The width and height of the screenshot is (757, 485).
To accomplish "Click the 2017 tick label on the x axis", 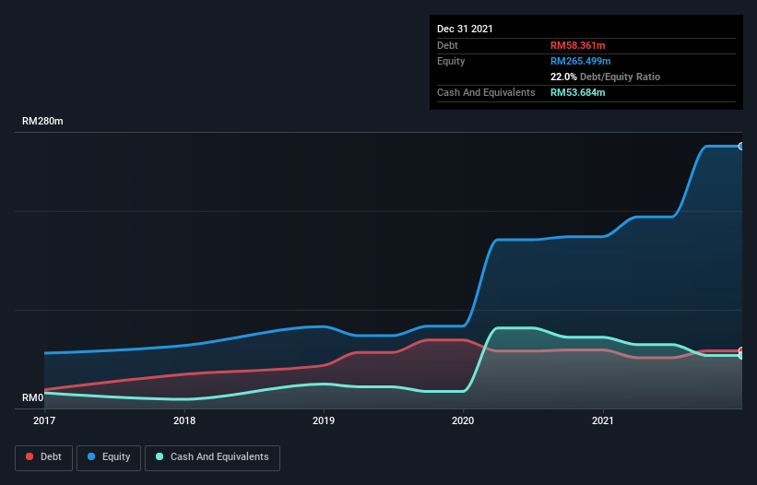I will click(44, 420).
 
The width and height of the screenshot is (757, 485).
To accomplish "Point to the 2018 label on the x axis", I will click(184, 420).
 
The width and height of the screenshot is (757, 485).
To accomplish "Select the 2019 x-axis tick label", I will click(324, 420).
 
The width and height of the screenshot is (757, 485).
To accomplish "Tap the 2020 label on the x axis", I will click(463, 420).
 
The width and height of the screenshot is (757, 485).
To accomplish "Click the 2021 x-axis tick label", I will click(603, 420).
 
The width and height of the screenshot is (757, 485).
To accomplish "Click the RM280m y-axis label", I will click(42, 122).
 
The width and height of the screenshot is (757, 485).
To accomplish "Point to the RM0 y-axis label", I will click(33, 398).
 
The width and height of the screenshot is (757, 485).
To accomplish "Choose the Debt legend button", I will click(46, 457).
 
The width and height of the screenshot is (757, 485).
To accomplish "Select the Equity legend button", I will click(110, 457).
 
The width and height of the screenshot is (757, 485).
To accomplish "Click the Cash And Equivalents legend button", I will click(212, 457).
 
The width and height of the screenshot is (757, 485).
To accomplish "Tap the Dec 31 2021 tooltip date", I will click(466, 29).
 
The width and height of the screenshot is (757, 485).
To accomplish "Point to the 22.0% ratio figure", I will click(564, 77).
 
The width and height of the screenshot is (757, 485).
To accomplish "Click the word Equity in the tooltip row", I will click(451, 61).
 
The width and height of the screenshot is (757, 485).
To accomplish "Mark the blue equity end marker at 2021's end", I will click(740, 146).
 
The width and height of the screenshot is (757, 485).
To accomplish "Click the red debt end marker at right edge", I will click(740, 351).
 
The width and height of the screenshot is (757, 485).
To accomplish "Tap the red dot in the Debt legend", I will click(30, 457).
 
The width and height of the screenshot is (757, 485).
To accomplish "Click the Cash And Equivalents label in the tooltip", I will click(486, 92).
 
